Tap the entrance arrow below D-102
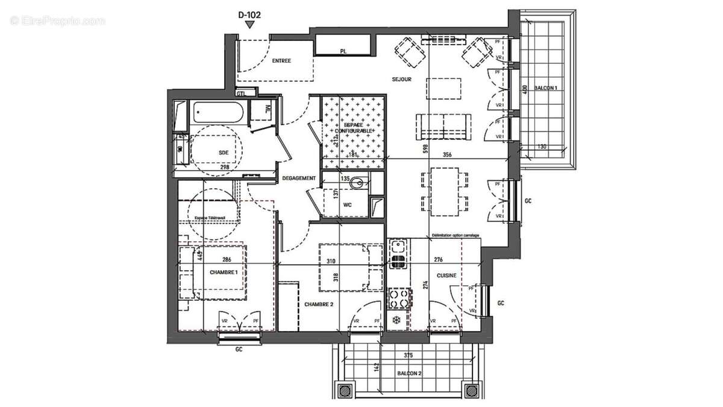tap(250, 24)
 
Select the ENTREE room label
tap(281, 61)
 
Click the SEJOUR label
tap(401, 79)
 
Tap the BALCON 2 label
tap(409, 373)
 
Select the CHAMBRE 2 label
tap(319, 304)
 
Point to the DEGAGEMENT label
tap(299, 178)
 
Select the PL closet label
tap(343, 52)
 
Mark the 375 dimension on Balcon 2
tap(408, 355)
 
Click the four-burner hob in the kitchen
tap(399, 297)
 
